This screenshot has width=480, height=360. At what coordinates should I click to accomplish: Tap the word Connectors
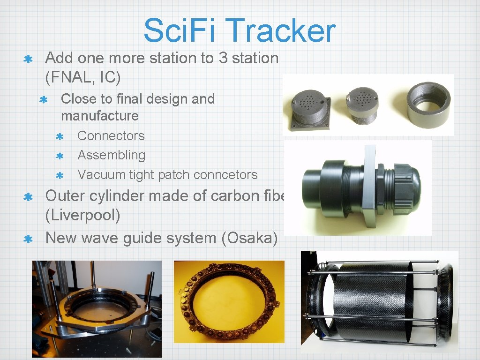pyautogui.click(x=111, y=136)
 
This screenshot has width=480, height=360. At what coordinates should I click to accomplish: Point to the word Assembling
pyautogui.click(x=111, y=155)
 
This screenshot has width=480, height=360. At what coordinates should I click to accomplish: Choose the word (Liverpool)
pyautogui.click(x=82, y=216)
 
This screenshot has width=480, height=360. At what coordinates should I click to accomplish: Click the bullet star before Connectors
pyautogui.click(x=60, y=137)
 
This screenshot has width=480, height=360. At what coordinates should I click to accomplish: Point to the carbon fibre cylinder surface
pyautogui.click(x=375, y=305)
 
